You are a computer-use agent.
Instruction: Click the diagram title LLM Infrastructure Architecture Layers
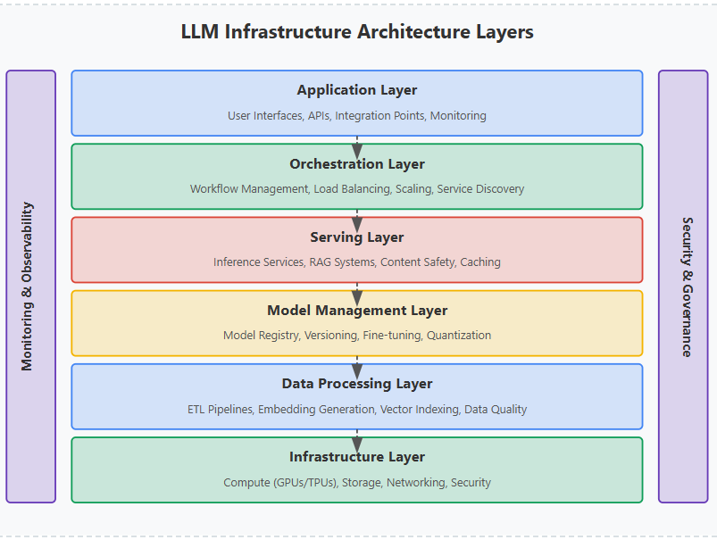(357, 32)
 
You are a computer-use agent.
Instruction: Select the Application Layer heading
(357, 90)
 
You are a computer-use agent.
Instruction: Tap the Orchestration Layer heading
(357, 164)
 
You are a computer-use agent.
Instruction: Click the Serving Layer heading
(357, 237)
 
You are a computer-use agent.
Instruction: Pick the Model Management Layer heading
(357, 311)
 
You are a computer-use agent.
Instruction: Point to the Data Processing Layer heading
(357, 384)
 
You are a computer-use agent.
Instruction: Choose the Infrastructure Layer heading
(357, 457)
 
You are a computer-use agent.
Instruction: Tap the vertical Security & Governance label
(687, 286)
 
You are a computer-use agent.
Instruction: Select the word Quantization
(459, 336)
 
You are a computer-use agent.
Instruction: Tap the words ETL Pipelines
(219, 410)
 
